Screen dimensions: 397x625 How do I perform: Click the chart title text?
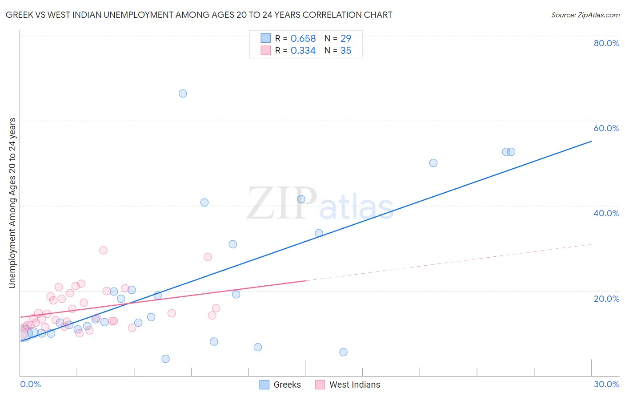click(199, 15)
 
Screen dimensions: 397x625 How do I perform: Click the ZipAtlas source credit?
click(585, 15)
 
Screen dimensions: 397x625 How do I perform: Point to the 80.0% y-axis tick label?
click(606, 43)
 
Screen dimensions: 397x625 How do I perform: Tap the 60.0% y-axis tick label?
click(606, 128)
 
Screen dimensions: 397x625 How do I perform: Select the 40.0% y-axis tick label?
click(606, 213)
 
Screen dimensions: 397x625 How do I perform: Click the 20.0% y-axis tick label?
click(606, 299)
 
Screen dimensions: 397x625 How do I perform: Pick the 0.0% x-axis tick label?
click(31, 384)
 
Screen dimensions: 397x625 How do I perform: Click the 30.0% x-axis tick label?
click(606, 384)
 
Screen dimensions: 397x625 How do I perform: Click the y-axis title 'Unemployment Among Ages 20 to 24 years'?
click(12, 203)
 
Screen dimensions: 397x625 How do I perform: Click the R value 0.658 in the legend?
click(303, 39)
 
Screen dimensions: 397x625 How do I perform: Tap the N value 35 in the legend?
click(346, 51)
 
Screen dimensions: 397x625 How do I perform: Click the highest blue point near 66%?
click(183, 93)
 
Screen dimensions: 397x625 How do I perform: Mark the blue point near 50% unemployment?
click(433, 163)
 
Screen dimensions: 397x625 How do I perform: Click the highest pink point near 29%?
click(104, 250)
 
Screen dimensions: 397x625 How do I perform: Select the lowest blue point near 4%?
click(166, 359)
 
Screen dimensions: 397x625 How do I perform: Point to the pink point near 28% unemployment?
click(208, 257)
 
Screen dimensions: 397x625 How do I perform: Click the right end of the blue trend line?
click(591, 141)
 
